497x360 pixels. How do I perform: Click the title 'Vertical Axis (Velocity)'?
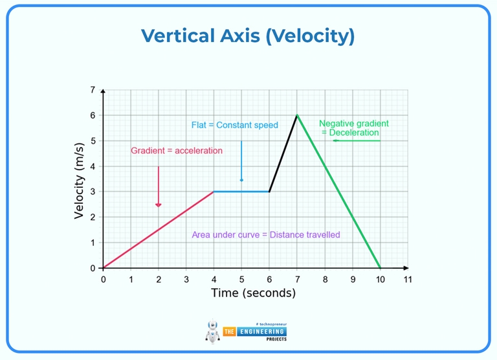(x=248, y=36)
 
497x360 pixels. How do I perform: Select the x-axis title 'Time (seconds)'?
(x=253, y=293)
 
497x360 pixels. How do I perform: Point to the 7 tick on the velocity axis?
(x=93, y=89)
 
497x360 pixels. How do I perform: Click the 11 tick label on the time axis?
(x=408, y=279)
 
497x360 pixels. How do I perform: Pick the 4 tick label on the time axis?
(x=214, y=279)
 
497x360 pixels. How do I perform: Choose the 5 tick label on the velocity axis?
(x=93, y=141)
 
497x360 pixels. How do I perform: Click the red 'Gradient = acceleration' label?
(x=177, y=151)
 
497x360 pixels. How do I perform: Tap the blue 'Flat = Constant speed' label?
(x=234, y=125)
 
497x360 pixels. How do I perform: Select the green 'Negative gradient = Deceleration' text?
(x=353, y=128)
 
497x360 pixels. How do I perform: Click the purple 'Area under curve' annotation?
(x=265, y=235)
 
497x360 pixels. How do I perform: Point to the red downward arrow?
(x=158, y=188)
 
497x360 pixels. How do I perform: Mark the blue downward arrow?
(x=241, y=162)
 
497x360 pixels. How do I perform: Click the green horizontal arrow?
(x=356, y=141)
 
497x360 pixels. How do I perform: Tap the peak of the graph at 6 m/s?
(x=297, y=115)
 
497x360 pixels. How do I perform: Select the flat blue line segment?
(x=241, y=192)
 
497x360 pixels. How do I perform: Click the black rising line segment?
(x=283, y=153)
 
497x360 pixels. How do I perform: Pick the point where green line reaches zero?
(x=380, y=268)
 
